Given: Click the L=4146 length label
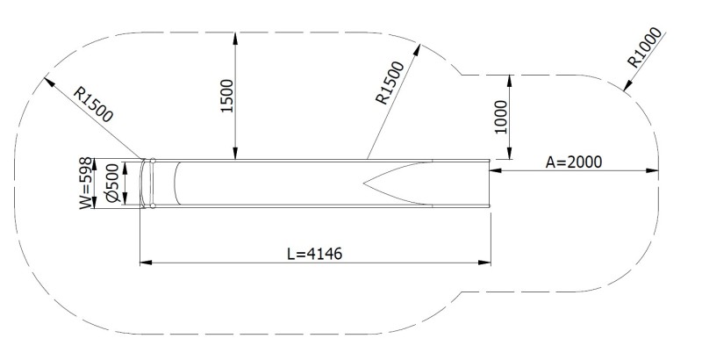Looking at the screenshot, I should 314,253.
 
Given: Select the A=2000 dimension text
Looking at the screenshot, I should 575,161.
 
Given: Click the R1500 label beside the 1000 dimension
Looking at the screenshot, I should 390,84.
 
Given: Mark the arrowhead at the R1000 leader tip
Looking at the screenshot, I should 624,87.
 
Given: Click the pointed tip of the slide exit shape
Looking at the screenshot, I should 364,184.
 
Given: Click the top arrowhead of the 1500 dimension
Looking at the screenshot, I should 235,35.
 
